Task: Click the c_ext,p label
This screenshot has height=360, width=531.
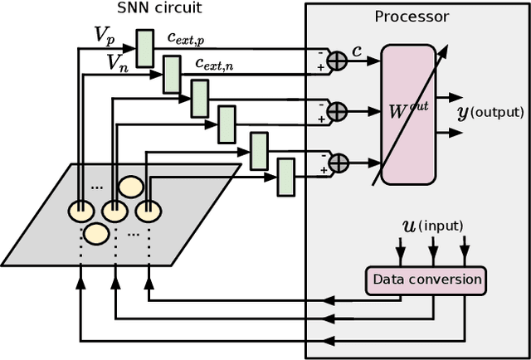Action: (x=192, y=37)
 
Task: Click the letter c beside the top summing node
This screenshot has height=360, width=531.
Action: (x=358, y=51)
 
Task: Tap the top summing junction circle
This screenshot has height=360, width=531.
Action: (x=336, y=60)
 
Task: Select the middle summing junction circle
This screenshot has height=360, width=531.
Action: (x=336, y=110)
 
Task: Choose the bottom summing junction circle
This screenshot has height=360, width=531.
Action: (x=336, y=161)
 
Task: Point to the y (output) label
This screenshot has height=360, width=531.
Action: (x=490, y=112)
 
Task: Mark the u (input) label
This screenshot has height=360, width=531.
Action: (x=433, y=226)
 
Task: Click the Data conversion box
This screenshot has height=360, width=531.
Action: (x=426, y=280)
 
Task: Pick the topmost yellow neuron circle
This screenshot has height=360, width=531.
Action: (x=129, y=186)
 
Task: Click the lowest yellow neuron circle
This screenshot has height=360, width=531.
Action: (x=96, y=235)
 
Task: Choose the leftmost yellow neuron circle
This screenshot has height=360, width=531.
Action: (x=80, y=212)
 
